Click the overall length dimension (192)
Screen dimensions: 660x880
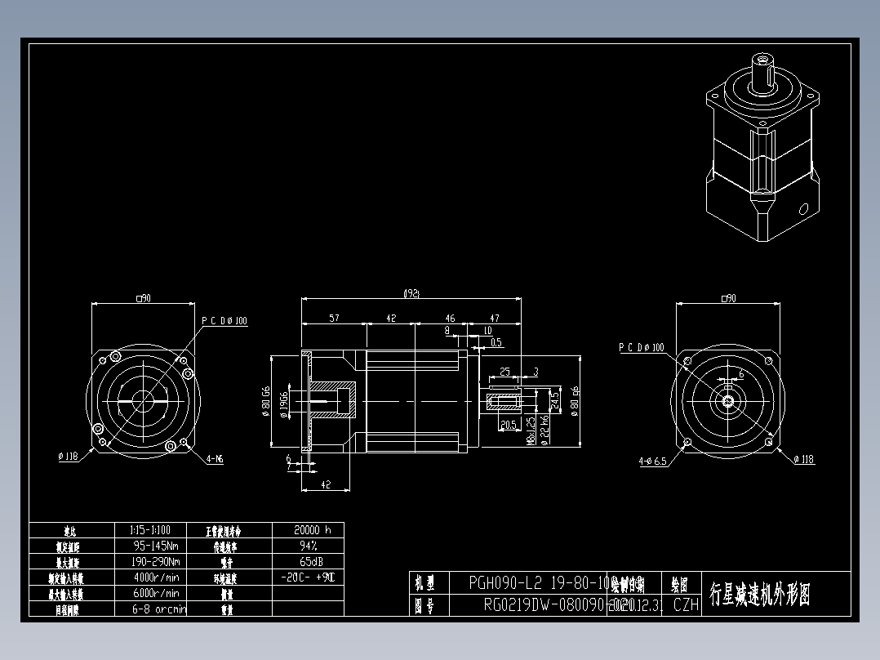(x=412, y=293)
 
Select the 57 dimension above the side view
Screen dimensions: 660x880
(x=335, y=319)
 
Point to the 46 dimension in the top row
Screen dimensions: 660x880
(x=450, y=319)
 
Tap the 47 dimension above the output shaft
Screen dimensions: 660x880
(x=495, y=319)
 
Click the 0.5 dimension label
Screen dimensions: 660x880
(x=496, y=342)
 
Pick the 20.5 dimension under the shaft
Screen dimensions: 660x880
(x=508, y=425)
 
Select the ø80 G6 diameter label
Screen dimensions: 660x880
(x=266, y=401)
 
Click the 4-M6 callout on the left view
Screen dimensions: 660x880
(x=215, y=459)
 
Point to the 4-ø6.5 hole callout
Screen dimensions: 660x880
(x=652, y=461)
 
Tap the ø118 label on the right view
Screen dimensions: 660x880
(x=804, y=460)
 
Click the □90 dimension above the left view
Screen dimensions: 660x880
(x=143, y=299)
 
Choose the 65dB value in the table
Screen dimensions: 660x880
(x=308, y=561)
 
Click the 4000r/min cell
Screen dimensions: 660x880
(x=155, y=577)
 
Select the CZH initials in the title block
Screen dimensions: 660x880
(x=686, y=605)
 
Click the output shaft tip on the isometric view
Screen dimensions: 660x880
(x=764, y=60)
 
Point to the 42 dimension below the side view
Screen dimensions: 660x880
(x=326, y=484)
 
